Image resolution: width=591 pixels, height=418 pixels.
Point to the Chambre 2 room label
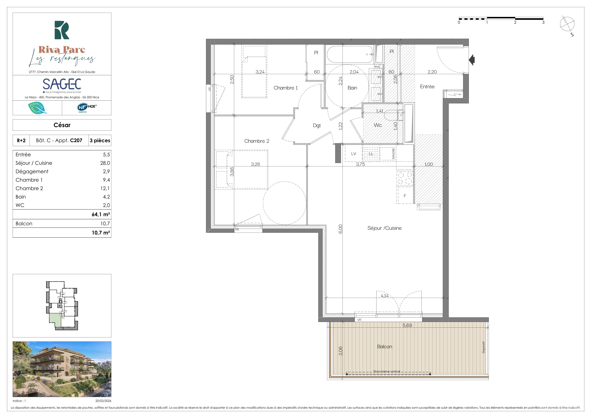257,141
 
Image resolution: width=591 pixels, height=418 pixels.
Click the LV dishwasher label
354,154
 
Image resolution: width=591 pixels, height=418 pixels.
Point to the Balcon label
385,347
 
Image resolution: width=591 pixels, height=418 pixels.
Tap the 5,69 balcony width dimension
407,325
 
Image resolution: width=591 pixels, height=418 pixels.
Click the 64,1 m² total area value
101,214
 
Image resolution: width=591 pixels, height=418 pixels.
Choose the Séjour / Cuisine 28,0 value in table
105,163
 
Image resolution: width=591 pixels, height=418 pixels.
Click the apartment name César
62,125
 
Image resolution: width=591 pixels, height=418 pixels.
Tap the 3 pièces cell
100,141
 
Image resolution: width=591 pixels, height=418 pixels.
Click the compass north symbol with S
567,25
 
